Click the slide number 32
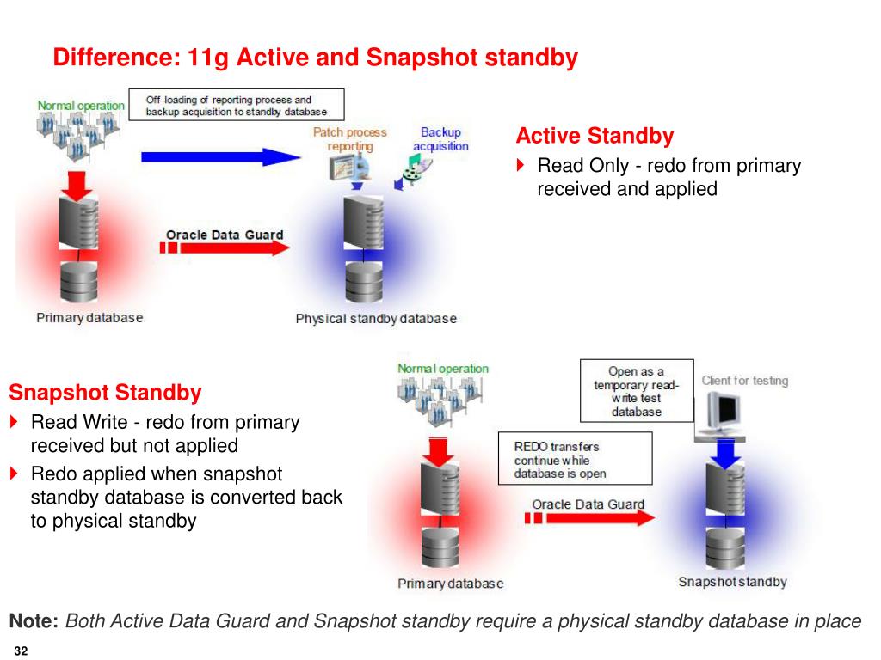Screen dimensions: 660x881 click(x=22, y=651)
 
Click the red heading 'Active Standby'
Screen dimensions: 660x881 click(x=595, y=136)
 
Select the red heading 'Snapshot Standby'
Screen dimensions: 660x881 click(x=105, y=393)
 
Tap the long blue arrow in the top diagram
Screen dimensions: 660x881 click(x=220, y=156)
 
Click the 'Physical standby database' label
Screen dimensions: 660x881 click(x=376, y=319)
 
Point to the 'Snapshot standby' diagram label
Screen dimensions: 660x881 click(x=732, y=582)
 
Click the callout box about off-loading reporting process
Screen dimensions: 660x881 click(x=236, y=106)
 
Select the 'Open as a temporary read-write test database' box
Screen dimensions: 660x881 click(x=636, y=391)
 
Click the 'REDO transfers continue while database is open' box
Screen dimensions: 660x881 click(x=575, y=460)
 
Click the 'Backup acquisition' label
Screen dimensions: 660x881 click(x=440, y=139)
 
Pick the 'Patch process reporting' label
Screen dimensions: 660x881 click(x=349, y=139)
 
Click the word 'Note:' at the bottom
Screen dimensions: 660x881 click(x=34, y=621)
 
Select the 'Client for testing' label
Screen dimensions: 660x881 click(x=744, y=381)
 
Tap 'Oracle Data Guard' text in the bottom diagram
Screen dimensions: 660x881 click(x=588, y=504)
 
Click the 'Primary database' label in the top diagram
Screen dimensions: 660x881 click(x=89, y=318)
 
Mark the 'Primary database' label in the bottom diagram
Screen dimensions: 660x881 click(x=450, y=584)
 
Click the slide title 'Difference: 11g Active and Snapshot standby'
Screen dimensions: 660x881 click(x=315, y=58)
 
